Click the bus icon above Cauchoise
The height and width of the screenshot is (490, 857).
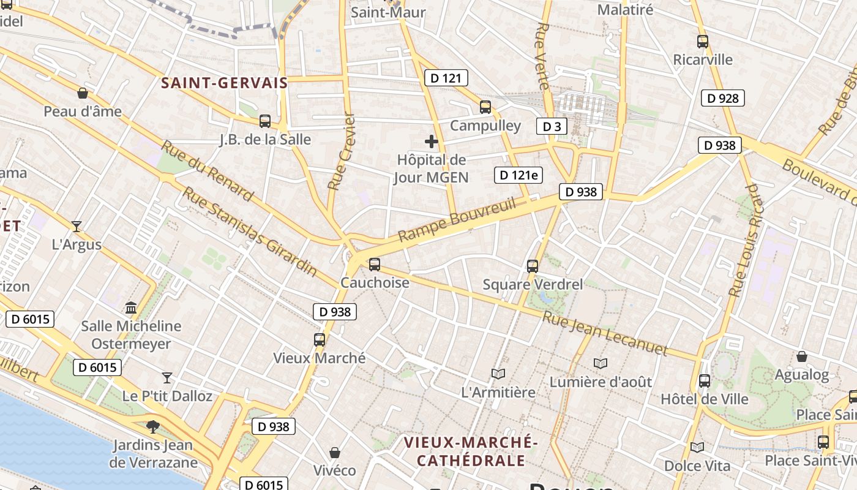[x=374, y=265]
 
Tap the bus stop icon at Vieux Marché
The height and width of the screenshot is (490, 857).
[x=319, y=340]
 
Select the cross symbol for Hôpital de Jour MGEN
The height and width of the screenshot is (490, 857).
[x=432, y=141]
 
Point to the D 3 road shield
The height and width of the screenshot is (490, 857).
[x=552, y=127]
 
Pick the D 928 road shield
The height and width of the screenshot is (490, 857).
[x=723, y=98]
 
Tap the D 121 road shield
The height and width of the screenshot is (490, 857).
[x=446, y=78]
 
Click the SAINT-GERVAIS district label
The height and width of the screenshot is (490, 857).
[x=224, y=83]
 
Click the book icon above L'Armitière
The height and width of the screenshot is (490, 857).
[x=498, y=374]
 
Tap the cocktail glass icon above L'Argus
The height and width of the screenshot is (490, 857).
[x=77, y=227]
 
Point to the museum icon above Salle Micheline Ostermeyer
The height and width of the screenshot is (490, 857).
[x=131, y=307]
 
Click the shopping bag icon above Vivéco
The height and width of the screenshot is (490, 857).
[x=335, y=453]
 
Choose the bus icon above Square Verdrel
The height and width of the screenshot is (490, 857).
[x=533, y=266]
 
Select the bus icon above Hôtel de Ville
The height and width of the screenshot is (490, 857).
[x=705, y=381]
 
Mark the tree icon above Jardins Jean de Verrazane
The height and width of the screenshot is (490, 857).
[x=153, y=427]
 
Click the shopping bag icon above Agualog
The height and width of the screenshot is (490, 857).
[x=802, y=356]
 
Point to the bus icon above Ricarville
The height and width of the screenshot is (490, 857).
[x=703, y=42]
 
